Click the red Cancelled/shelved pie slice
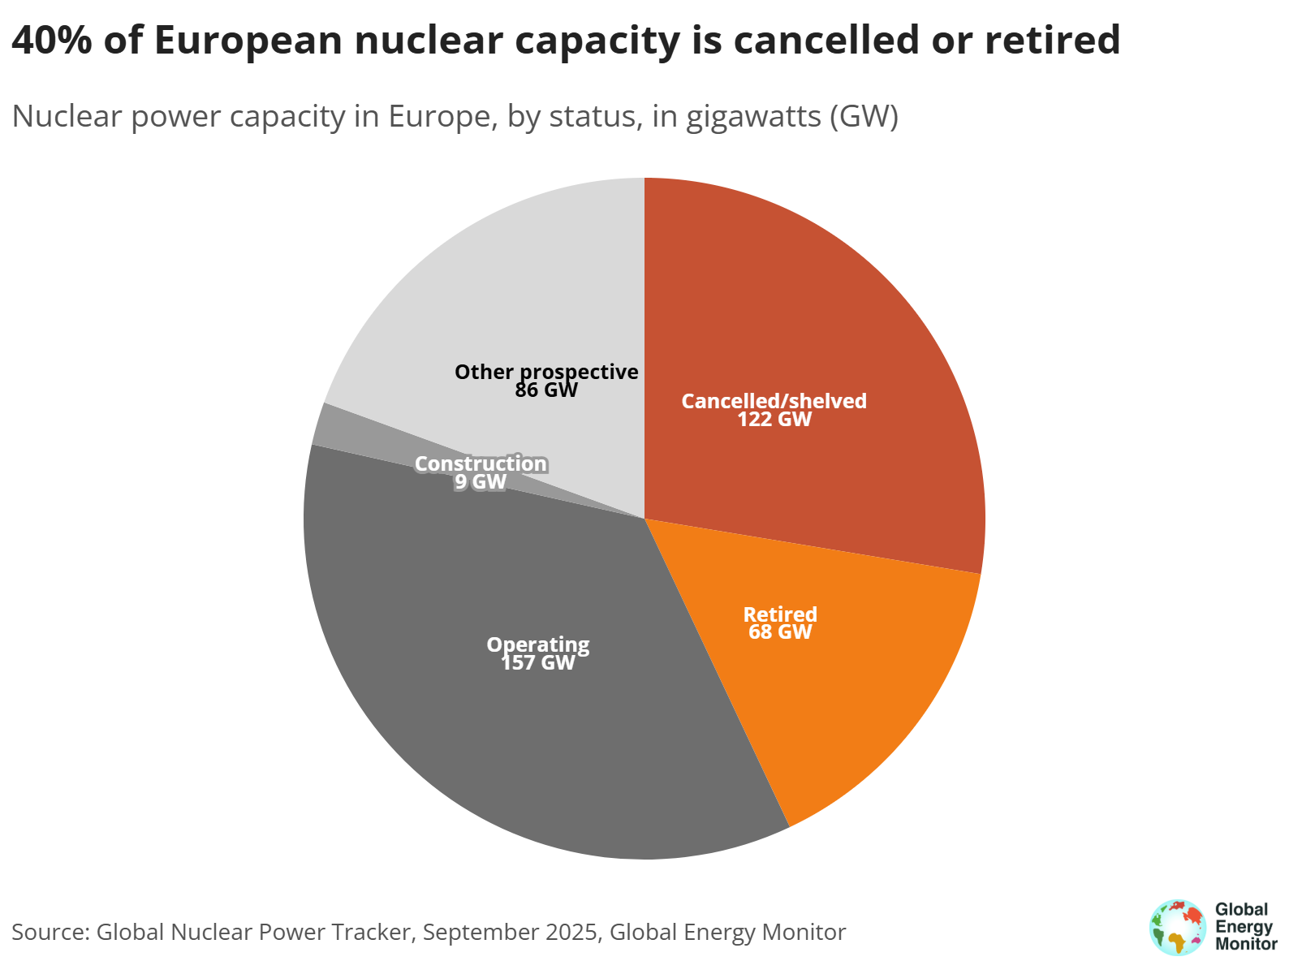tap(812, 325)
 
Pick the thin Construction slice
tap(341, 430)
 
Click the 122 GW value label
tap(774, 420)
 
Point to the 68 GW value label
tap(780, 632)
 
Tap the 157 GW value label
tap(538, 663)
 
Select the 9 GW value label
tap(481, 482)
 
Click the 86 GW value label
tap(546, 390)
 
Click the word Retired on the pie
tap(780, 614)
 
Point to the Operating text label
tap(538, 644)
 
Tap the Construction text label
tap(481, 463)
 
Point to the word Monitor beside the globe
tap(1246, 944)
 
